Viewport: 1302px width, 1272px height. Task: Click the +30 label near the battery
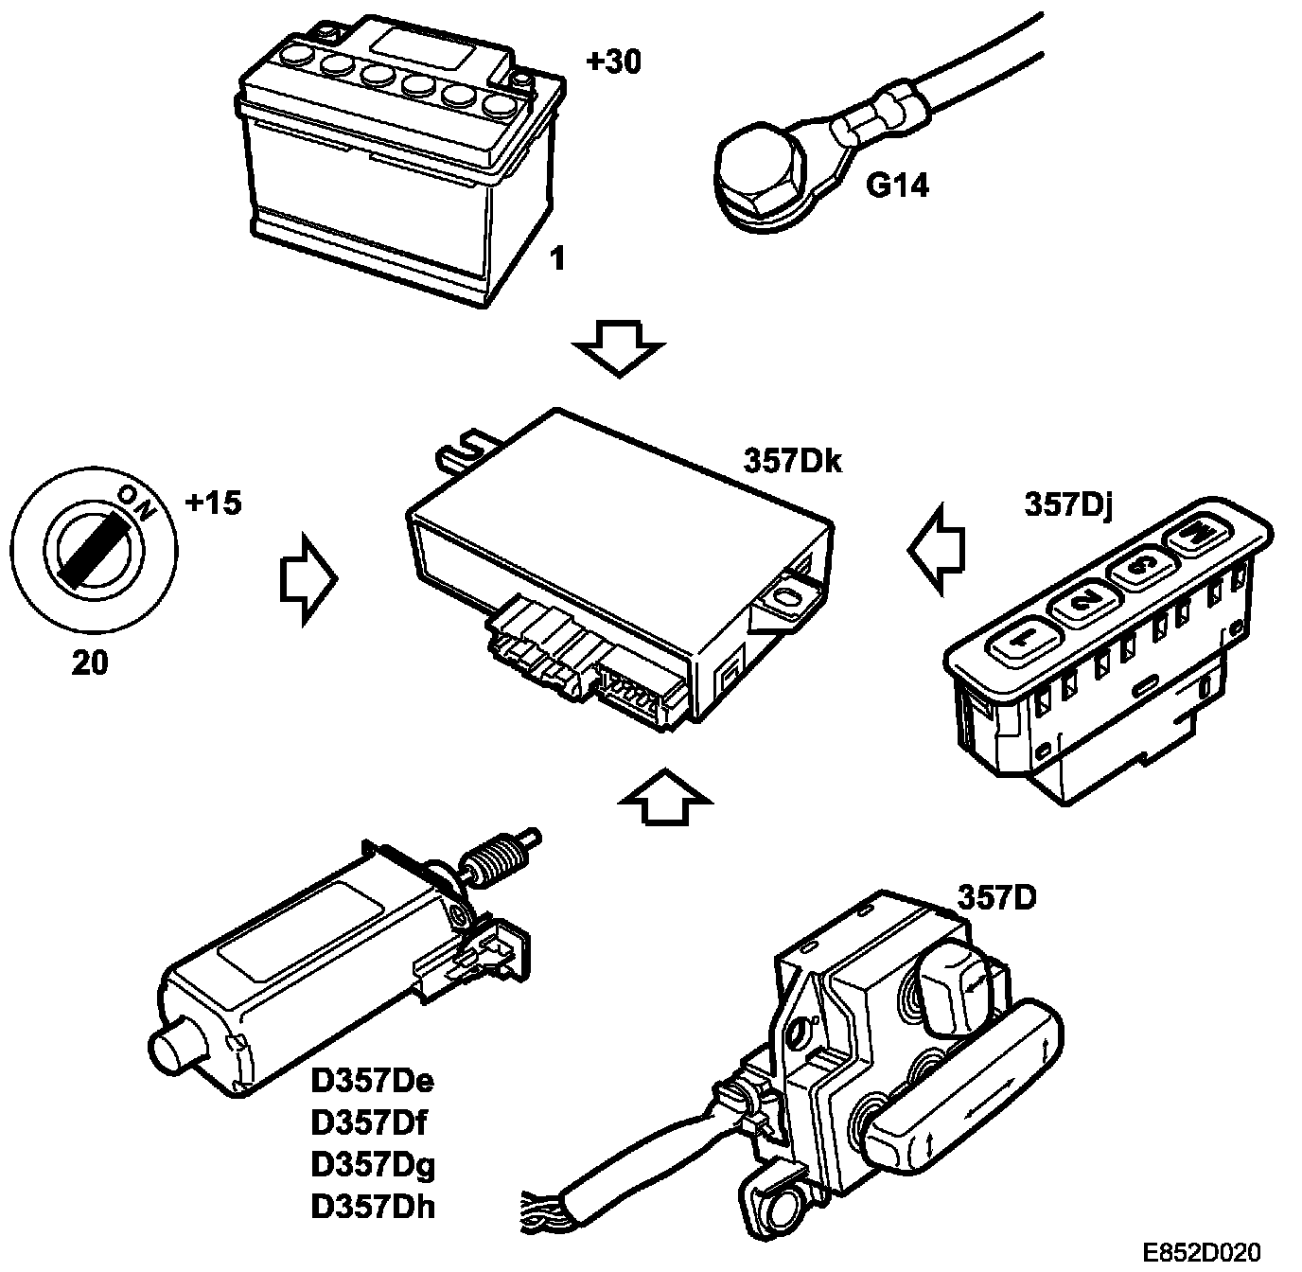[612, 62]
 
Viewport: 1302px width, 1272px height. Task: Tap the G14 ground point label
[897, 185]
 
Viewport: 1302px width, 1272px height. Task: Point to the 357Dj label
[1067, 504]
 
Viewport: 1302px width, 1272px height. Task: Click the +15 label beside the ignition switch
[213, 503]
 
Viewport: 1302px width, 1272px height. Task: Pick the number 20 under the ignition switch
[90, 663]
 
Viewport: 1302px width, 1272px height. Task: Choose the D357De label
[372, 1081]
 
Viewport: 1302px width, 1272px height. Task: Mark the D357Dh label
[373, 1206]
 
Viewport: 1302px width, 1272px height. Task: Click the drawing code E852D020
[1201, 1252]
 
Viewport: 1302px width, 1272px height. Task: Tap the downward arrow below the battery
[620, 347]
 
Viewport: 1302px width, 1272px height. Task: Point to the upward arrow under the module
[665, 797]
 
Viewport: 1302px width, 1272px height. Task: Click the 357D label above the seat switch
[996, 895]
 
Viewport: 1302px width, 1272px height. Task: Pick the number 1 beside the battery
[558, 258]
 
